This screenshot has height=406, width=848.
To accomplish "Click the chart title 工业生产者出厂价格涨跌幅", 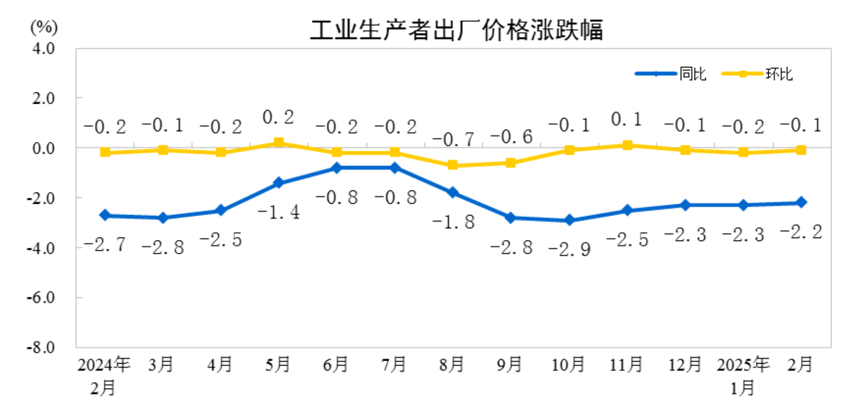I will (456, 30).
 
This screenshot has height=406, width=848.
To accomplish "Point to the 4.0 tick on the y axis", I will (43, 49).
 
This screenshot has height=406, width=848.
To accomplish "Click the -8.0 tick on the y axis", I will (41, 347).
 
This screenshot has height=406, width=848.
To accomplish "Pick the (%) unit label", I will (44, 27).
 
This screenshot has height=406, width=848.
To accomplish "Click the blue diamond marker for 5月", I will (279, 183).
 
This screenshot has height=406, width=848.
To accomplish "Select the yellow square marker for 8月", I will (453, 165).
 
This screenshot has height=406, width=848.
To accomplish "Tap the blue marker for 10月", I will (569, 220).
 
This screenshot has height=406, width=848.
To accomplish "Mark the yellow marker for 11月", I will (628, 146).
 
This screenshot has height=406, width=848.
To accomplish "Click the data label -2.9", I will (569, 249).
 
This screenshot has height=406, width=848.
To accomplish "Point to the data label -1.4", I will (279, 212).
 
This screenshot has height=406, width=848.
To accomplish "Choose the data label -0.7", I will (453, 139).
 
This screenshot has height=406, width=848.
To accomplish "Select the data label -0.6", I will (511, 137).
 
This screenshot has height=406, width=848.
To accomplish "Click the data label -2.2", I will (801, 232).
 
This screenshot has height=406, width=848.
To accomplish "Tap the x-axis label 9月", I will (509, 365).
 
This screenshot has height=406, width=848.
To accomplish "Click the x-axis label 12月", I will (684, 365).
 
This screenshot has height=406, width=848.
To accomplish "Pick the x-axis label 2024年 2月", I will (104, 376).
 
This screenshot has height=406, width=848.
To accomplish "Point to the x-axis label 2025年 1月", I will (743, 376).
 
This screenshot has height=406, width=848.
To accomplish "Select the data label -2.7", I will (104, 245).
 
